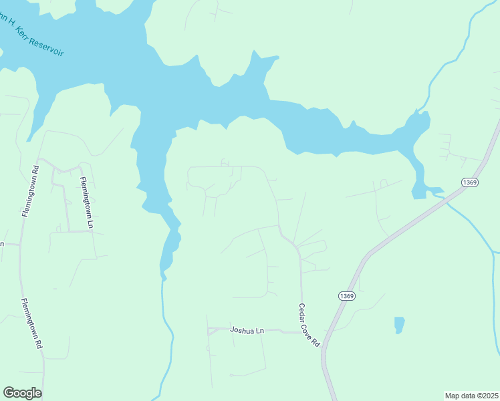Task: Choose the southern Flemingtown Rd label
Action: (31, 323)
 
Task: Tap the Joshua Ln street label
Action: (247, 330)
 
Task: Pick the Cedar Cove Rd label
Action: (309, 324)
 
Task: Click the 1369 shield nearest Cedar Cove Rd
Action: (346, 296)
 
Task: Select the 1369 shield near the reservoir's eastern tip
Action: (470, 182)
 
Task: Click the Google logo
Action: (22, 393)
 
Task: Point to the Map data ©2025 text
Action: (471, 396)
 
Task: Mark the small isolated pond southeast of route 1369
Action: (399, 325)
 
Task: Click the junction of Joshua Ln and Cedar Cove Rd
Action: (302, 332)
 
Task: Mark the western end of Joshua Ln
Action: (209, 331)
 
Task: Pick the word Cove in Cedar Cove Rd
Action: (309, 326)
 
